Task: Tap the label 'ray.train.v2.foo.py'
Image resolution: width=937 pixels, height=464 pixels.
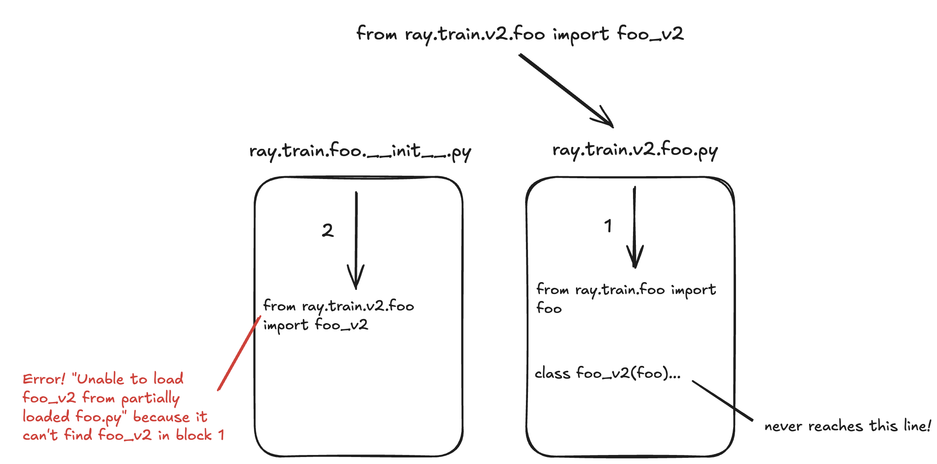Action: tap(635, 151)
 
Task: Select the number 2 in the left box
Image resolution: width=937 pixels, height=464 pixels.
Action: tap(328, 230)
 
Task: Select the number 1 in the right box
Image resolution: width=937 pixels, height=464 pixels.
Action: tap(608, 226)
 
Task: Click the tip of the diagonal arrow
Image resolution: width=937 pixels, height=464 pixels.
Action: tap(613, 127)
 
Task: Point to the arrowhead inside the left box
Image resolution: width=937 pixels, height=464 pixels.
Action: tap(356, 277)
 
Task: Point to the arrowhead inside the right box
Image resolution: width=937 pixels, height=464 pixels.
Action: tap(635, 257)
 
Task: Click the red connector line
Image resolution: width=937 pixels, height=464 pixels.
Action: tap(239, 353)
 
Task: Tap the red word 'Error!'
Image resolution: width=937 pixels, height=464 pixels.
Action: tap(44, 379)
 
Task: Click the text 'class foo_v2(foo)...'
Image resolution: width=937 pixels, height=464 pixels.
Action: tap(608, 373)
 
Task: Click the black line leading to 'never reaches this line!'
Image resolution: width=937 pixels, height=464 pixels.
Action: tap(722, 401)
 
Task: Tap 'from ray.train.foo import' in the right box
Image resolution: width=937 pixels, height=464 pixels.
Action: tap(626, 290)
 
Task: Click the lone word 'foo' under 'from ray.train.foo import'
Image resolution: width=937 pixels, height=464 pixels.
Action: tap(549, 308)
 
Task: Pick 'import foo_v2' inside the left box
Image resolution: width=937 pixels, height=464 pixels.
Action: tap(315, 325)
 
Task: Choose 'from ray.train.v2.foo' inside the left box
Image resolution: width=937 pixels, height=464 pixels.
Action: tap(338, 306)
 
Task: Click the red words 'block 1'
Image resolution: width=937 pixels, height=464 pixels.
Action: tap(200, 435)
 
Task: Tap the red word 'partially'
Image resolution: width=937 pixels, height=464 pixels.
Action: tap(151, 398)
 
